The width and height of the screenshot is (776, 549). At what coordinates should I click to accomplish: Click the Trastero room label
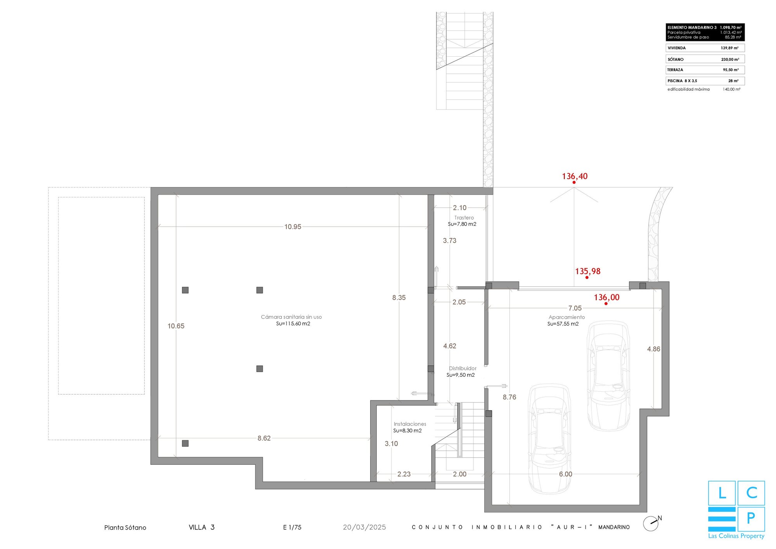[x=464, y=218]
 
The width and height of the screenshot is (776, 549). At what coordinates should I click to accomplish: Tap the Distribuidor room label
[x=462, y=368]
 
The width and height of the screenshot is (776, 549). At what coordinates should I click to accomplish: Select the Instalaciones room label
[x=410, y=424]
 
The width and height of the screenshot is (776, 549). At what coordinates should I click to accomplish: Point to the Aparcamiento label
[x=566, y=317]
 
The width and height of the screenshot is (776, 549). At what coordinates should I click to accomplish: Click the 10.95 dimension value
[x=293, y=227]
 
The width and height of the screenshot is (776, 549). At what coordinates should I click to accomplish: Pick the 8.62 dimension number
[x=264, y=438]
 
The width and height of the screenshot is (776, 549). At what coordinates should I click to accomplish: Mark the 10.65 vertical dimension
[x=176, y=326]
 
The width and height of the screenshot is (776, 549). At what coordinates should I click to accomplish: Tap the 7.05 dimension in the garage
[x=575, y=308]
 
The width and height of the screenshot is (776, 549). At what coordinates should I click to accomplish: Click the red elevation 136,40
[x=575, y=176]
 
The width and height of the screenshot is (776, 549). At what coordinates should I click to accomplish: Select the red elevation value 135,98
[x=587, y=271]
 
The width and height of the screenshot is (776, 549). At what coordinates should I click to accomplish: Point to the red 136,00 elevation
[x=606, y=297]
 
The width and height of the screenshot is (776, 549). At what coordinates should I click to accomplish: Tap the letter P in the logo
[x=751, y=518]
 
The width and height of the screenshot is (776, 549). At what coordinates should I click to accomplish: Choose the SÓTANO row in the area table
[x=705, y=59]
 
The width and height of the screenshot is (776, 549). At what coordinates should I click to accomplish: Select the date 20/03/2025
[x=364, y=527]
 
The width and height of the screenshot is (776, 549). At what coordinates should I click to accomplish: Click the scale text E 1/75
[x=292, y=527]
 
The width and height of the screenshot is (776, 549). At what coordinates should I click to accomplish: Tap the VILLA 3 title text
[x=201, y=527]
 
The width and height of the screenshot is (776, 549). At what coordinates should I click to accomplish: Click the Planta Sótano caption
[x=125, y=528]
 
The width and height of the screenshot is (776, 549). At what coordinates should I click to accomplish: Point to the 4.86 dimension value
[x=653, y=349]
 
